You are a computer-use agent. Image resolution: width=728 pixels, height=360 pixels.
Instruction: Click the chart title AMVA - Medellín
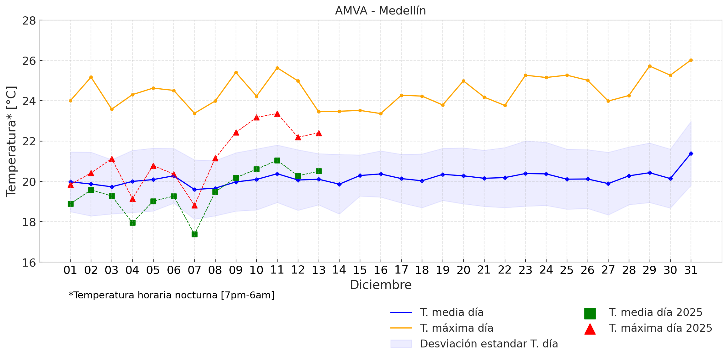380,11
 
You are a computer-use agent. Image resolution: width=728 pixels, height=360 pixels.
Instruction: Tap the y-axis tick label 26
29,61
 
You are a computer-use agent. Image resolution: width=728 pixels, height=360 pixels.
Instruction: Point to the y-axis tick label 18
29,222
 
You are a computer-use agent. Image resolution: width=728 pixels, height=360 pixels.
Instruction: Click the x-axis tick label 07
194,270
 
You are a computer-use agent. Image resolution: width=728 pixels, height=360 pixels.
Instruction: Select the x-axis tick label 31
691,270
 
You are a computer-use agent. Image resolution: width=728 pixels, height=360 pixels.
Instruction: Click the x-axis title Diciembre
381,285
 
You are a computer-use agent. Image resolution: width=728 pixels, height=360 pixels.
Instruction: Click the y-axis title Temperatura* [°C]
11,141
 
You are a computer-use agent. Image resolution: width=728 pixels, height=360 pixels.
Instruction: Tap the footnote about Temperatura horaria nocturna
171,295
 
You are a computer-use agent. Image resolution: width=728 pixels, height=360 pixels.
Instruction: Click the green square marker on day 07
194,234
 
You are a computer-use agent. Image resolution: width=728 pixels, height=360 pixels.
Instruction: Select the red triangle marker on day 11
277,114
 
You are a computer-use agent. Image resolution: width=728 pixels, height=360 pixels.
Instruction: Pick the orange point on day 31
691,60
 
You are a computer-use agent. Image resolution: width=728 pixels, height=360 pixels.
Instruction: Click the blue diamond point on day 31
691,153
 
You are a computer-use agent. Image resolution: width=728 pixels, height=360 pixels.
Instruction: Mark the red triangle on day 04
132,199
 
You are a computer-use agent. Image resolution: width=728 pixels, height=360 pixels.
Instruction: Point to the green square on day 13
319,171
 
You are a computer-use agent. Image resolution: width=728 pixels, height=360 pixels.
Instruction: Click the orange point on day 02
91,77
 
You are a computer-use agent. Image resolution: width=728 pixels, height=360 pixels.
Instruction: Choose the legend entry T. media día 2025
655,313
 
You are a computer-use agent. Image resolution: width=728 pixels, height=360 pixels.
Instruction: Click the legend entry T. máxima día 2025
660,328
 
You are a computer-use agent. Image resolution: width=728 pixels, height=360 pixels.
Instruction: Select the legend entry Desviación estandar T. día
489,344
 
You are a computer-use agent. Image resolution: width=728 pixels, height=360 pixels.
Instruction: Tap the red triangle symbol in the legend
590,329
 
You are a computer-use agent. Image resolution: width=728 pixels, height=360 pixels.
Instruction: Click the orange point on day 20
463,81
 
